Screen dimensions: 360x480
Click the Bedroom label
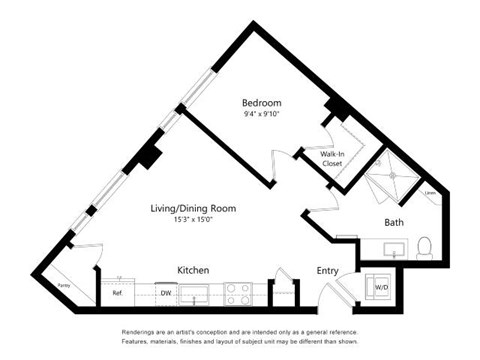(x=261, y=102)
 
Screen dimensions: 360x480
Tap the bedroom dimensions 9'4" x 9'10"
(x=261, y=114)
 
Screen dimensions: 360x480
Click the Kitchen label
(x=192, y=271)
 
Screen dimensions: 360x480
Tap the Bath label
(x=393, y=222)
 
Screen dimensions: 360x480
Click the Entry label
(x=328, y=271)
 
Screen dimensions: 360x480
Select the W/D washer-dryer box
(x=382, y=285)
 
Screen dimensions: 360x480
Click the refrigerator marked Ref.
(x=117, y=294)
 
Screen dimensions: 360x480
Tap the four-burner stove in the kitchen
(x=239, y=294)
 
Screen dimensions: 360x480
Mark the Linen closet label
(x=428, y=193)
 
